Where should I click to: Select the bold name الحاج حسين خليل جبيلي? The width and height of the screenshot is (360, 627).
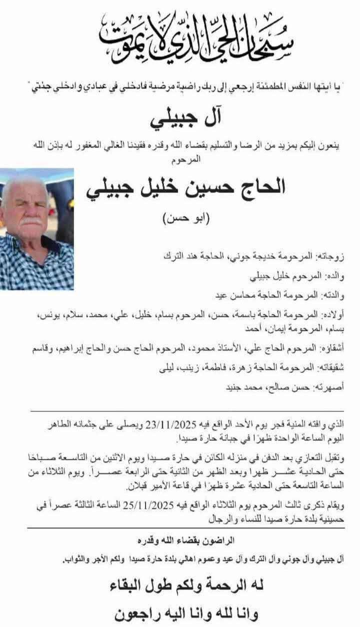tap(186, 187)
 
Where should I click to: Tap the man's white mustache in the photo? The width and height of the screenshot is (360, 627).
tap(31, 220)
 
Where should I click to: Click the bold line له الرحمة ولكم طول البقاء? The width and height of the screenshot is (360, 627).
tap(186, 585)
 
